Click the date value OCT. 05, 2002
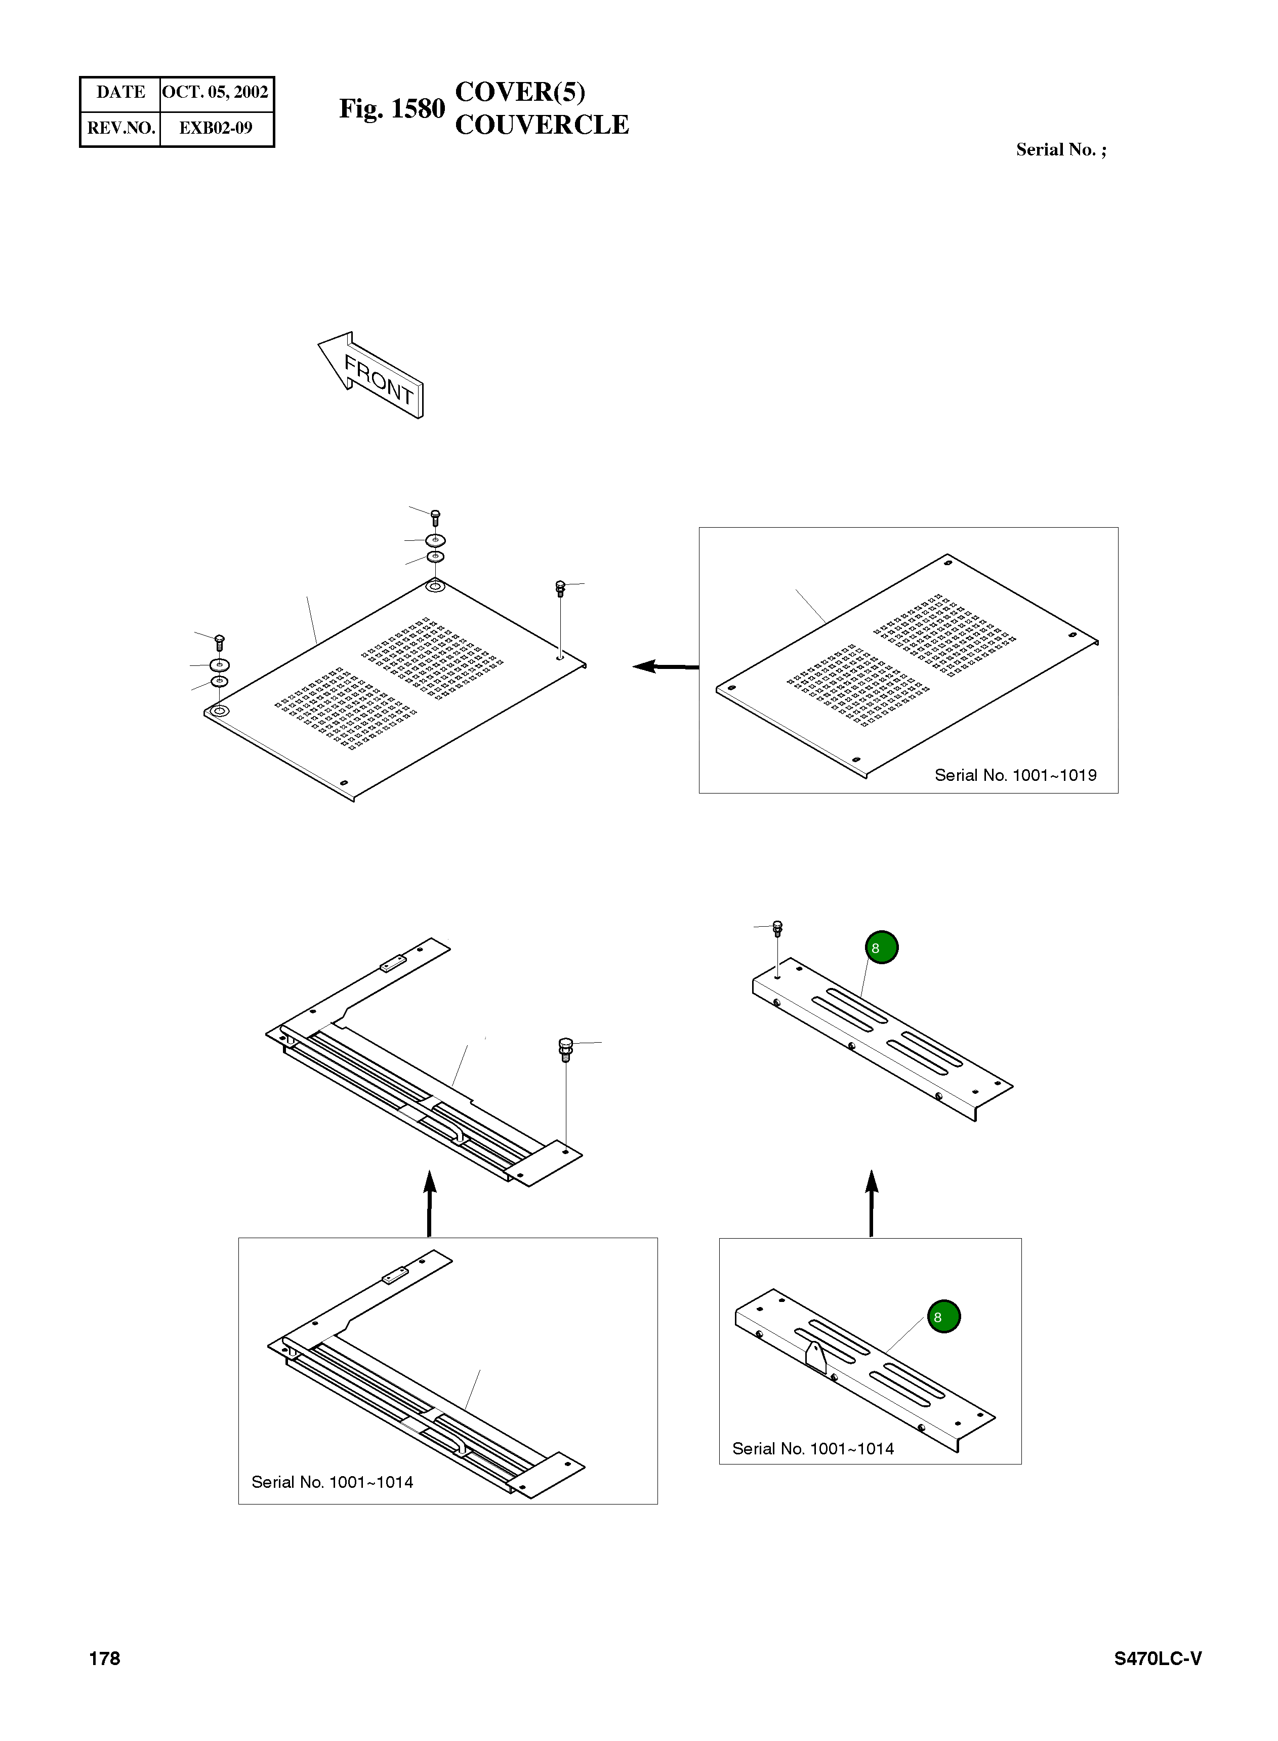(x=215, y=92)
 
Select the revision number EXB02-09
(x=215, y=128)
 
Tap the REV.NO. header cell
(x=120, y=128)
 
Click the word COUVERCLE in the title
(x=542, y=125)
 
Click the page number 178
(x=104, y=1658)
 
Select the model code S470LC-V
(x=1158, y=1658)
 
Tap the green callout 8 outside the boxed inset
(x=881, y=947)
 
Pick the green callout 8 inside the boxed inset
(x=943, y=1316)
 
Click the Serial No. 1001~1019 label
(x=1015, y=775)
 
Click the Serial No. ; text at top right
(x=1061, y=149)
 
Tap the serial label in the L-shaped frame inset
(x=332, y=1482)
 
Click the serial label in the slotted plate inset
(x=812, y=1448)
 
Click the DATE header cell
(x=120, y=92)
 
